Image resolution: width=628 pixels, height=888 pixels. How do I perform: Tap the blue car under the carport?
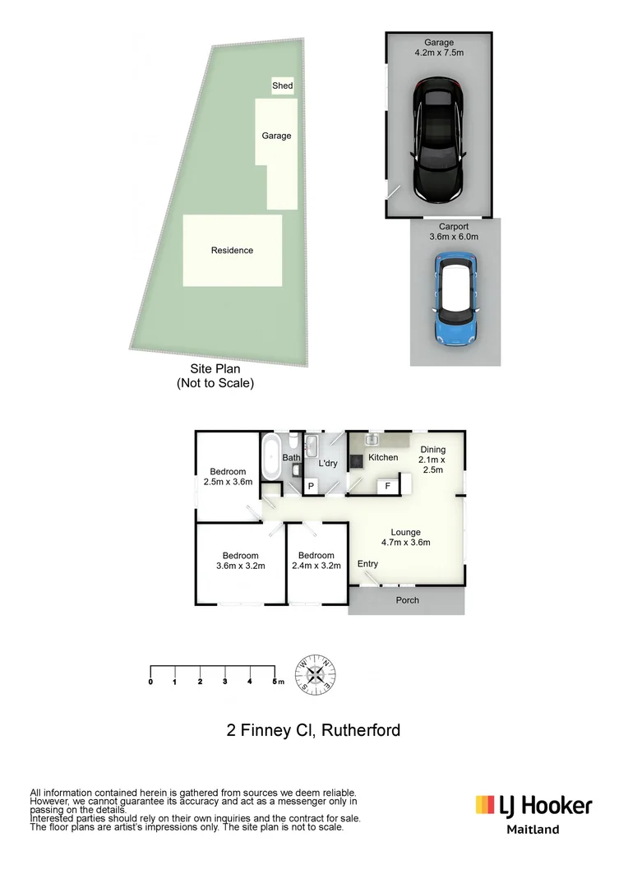455,299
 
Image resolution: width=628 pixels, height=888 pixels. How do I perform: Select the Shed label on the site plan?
282,86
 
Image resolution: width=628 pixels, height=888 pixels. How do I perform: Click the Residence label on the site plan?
232,250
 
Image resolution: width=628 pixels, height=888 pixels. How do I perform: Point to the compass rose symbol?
316,673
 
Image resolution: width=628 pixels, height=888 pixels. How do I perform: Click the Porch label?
407,600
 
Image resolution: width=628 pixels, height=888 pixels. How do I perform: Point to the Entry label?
367,563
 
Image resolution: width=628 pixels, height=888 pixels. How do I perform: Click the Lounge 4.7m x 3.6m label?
405,537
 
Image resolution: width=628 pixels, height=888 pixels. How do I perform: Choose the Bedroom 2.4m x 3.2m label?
316,560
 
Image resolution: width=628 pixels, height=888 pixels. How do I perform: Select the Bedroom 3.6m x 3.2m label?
240,561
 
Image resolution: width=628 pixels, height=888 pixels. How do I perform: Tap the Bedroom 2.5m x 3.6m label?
228,477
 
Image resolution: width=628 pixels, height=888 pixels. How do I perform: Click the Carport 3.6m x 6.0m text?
453,231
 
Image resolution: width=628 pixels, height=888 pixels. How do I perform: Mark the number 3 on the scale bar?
224,682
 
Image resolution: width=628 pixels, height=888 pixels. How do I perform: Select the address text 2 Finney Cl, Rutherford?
313,730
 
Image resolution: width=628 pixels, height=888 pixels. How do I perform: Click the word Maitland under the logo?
532,830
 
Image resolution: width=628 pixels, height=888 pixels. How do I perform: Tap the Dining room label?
432,460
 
